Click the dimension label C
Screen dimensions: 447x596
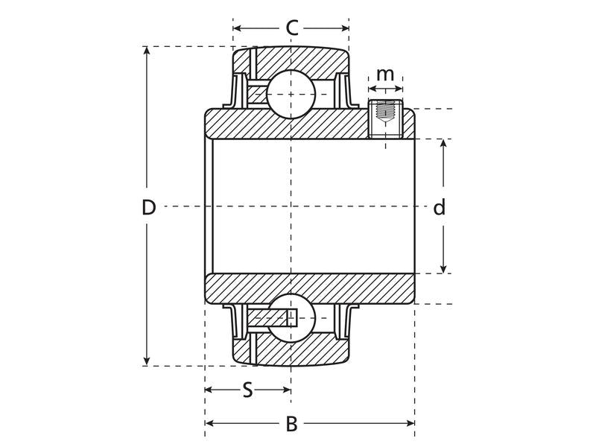[292, 28]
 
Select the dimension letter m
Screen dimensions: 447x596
[384, 74]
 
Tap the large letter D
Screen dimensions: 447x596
[149, 207]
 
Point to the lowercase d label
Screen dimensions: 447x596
[440, 208]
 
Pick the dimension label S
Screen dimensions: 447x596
[247, 390]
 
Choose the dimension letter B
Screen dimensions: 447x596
[292, 424]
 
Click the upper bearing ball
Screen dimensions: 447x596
[291, 95]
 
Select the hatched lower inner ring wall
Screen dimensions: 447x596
[309, 288]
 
